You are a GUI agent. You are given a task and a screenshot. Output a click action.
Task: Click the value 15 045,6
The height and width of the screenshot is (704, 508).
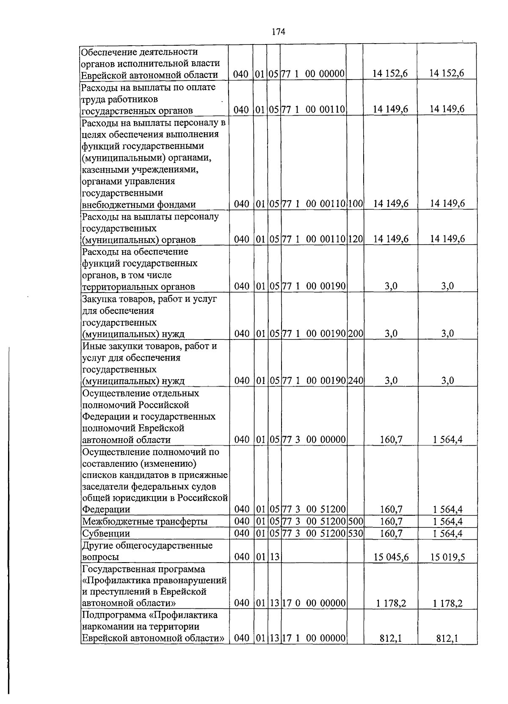[x=391, y=557]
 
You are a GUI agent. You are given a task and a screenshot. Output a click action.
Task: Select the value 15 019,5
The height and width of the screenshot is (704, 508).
[x=447, y=557]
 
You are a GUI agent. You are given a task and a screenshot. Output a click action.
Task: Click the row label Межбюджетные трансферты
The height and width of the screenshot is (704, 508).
[x=144, y=522]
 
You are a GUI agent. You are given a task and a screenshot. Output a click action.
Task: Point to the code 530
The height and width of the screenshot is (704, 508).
[x=356, y=533]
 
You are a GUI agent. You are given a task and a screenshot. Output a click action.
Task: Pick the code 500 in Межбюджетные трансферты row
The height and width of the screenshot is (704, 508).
[x=356, y=521]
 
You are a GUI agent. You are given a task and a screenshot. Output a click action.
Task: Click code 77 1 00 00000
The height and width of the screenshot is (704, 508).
[x=314, y=74]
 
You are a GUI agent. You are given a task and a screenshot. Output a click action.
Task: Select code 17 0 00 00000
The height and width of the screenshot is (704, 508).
[x=314, y=603]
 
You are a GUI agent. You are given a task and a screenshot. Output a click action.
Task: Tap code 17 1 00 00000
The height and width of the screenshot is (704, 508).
[x=314, y=638]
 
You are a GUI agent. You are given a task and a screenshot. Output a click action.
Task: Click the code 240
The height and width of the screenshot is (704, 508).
[x=356, y=381]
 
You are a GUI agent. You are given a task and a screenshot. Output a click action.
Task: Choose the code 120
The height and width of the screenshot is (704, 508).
[x=356, y=239]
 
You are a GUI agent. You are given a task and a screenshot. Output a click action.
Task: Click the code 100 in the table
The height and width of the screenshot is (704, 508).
[x=356, y=204]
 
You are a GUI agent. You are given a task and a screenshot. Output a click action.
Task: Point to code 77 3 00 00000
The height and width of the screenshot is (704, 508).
[x=314, y=440]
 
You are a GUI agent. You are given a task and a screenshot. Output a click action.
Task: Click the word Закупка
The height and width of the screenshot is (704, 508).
[x=98, y=299]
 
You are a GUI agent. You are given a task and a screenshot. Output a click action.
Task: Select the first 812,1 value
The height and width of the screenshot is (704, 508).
[x=390, y=639]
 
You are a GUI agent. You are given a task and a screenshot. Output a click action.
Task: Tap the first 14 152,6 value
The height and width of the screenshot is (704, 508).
[x=390, y=74]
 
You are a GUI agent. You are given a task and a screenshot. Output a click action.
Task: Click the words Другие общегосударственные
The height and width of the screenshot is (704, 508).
[x=147, y=545]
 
